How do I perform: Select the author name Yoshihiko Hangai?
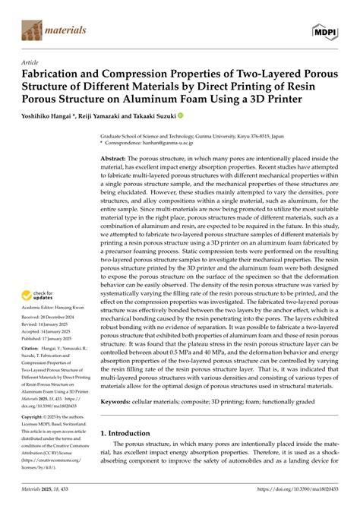(52, 116)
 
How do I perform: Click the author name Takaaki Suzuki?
(156, 116)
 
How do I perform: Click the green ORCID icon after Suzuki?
(181, 116)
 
